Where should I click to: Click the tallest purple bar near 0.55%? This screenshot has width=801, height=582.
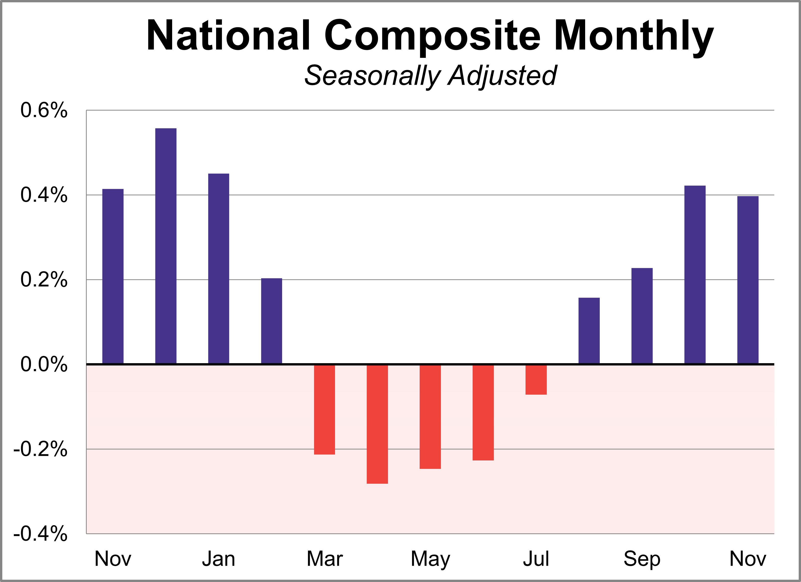166,246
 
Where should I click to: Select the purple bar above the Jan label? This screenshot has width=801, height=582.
219,268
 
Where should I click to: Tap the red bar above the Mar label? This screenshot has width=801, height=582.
325,409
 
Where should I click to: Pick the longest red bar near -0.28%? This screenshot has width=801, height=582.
377,424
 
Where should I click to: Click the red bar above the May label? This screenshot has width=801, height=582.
430,417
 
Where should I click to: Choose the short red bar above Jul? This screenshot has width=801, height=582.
536,380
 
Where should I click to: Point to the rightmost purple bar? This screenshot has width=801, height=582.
748,280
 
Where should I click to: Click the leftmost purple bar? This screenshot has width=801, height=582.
113,276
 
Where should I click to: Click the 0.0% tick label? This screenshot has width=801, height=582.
44,364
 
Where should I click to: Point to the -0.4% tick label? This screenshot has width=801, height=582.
40,534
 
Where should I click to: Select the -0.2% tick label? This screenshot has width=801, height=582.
40,449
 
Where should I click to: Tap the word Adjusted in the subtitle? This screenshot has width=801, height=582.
502,76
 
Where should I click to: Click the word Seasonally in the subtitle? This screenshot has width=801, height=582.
373,76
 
